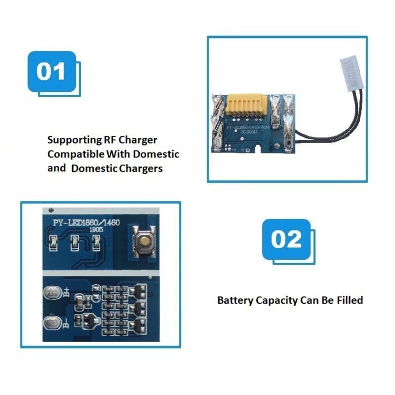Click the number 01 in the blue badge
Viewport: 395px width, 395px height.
point(51,72)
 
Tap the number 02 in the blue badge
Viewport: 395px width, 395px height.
point(286,239)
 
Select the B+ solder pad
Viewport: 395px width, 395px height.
point(52,293)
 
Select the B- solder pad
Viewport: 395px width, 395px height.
point(52,324)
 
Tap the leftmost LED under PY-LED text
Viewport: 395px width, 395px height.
point(53,242)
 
